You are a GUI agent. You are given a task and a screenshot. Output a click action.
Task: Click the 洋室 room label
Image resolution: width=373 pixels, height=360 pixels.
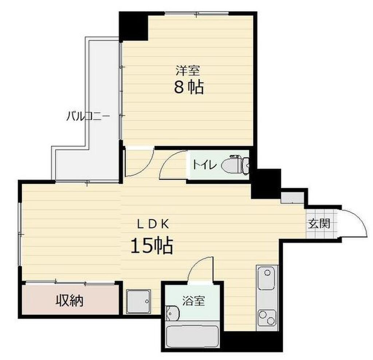tap(188, 70)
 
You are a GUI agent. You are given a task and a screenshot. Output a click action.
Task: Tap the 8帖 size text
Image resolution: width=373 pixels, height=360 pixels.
tap(189, 88)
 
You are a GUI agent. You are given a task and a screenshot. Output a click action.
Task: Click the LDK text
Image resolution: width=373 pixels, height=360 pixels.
tap(153, 224)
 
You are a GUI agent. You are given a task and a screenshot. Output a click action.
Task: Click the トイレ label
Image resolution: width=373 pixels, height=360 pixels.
tap(205, 165)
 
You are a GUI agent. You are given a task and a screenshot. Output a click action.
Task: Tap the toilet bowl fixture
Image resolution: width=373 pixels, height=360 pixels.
tap(236, 164)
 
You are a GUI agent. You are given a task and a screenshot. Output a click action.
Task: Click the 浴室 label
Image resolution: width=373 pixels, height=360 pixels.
tap(193, 301)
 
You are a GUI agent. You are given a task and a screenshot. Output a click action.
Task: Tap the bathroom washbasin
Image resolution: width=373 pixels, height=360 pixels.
tap(172, 313)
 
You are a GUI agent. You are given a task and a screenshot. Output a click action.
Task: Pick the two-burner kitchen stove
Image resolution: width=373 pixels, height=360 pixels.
tap(267, 317)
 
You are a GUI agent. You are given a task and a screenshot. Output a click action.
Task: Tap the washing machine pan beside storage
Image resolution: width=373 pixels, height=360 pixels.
tap(139, 301)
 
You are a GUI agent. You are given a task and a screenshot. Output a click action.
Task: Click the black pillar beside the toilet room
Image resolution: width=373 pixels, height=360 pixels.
tap(266, 183)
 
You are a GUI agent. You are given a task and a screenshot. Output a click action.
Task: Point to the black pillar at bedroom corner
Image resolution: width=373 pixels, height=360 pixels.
tap(133, 26)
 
